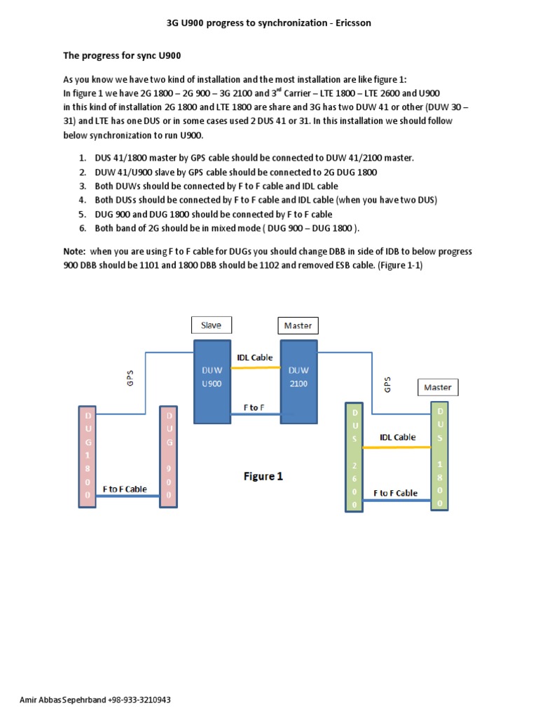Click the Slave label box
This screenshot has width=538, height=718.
point(211,325)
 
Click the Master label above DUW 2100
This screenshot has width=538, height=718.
point(298,325)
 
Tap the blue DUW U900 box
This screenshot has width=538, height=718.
point(211,381)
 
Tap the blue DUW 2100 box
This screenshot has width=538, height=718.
point(299,381)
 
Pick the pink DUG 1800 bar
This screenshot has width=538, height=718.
point(88,455)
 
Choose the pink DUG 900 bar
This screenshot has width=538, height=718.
point(169,455)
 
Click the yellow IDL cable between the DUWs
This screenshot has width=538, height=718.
point(255,367)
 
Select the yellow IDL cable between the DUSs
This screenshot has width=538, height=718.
point(397,447)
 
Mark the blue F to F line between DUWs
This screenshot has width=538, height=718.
point(255,414)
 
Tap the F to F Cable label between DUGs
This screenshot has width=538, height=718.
point(125,489)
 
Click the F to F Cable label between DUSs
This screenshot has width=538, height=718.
point(396,493)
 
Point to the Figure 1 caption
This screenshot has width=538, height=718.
point(263,476)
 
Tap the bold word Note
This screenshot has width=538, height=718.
point(75,251)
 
